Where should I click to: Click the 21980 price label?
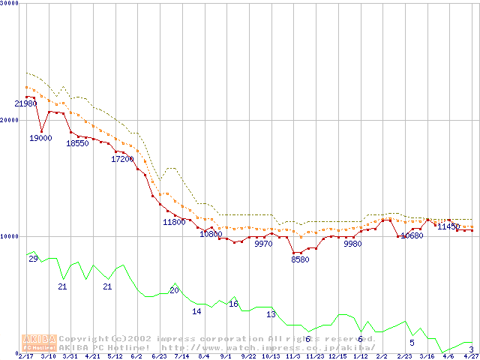coord(26,104)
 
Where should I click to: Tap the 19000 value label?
coord(40,138)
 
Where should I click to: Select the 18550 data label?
coord(77,143)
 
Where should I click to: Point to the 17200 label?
coord(122,159)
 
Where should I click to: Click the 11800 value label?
coord(174,222)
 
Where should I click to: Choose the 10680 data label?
coord(411,235)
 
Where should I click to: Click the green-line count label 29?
coord(33,259)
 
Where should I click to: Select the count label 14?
coord(196,311)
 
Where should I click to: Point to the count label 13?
coord(271,314)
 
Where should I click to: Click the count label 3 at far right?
coord(470,349)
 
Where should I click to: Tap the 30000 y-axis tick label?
coord(10,4)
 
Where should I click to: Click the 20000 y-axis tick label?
coord(10,120)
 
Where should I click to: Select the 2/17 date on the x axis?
coord(25,356)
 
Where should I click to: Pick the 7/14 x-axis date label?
coord(181,356)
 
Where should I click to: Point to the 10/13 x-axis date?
coord(271,356)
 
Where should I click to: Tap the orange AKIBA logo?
coord(39,342)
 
